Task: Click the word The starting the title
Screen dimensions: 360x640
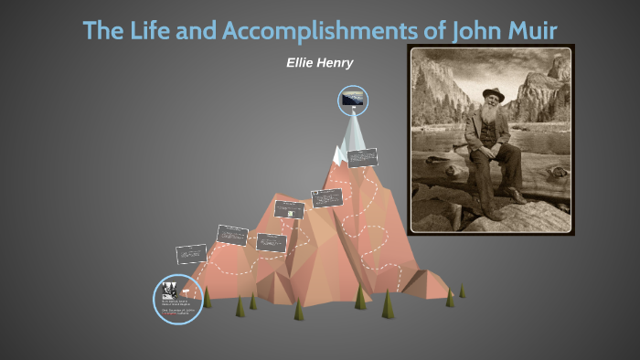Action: tap(101, 30)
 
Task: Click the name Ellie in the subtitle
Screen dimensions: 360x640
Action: tap(301, 63)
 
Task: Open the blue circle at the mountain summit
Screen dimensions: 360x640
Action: tap(353, 101)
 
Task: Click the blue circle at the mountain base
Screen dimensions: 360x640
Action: tap(176, 299)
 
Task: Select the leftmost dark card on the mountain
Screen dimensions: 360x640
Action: tap(192, 253)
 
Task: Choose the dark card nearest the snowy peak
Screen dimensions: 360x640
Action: tap(362, 157)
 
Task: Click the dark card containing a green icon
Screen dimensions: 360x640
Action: tap(289, 209)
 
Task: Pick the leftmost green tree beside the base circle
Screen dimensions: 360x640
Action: tap(207, 297)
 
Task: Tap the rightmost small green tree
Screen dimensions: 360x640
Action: tap(462, 291)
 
